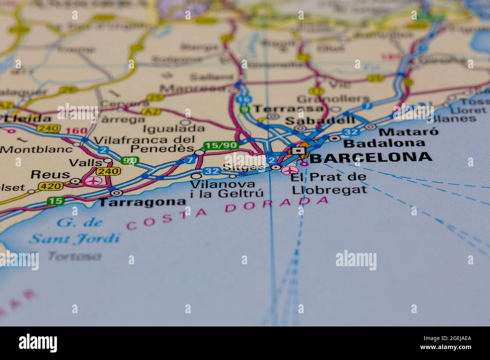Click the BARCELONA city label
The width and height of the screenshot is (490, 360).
[x=371, y=157]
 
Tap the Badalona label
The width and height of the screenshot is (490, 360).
[x=384, y=143]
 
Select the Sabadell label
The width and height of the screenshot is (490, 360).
[x=320, y=121]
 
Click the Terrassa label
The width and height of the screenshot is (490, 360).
[x=288, y=109]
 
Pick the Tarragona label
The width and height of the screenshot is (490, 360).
[x=142, y=202]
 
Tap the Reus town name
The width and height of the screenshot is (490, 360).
[x=50, y=175]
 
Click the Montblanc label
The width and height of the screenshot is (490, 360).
[x=36, y=149]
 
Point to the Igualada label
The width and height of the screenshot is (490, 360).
[x=174, y=128]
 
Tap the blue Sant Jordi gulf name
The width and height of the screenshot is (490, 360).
[x=74, y=238]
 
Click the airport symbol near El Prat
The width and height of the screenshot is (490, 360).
[x=289, y=171]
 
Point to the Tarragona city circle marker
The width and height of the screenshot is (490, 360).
[x=117, y=193]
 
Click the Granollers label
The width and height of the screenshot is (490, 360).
[x=328, y=99]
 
